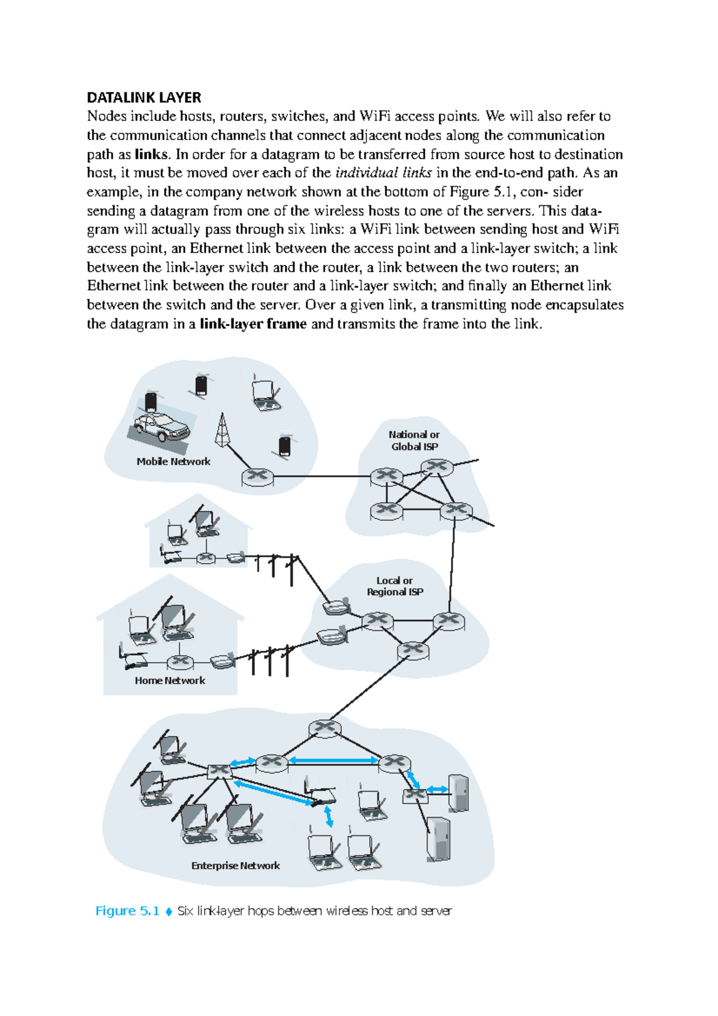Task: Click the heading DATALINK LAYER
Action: (144, 98)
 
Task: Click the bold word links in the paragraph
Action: (151, 154)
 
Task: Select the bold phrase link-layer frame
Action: (252, 324)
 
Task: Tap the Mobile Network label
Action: (173, 461)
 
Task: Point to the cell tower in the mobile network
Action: (223, 430)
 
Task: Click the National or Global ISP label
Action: (414, 440)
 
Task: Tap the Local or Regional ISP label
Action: (395, 586)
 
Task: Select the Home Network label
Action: (169, 680)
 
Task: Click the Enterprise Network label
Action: (235, 865)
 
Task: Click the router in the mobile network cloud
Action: (257, 477)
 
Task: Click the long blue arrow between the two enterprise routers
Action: (333, 761)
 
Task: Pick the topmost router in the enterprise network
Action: (325, 728)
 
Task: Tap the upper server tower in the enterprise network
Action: (458, 792)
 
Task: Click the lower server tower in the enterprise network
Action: (438, 839)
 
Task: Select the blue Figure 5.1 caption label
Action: (127, 911)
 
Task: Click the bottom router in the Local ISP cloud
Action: (413, 650)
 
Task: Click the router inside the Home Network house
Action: (180, 662)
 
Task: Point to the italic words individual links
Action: (384, 174)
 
